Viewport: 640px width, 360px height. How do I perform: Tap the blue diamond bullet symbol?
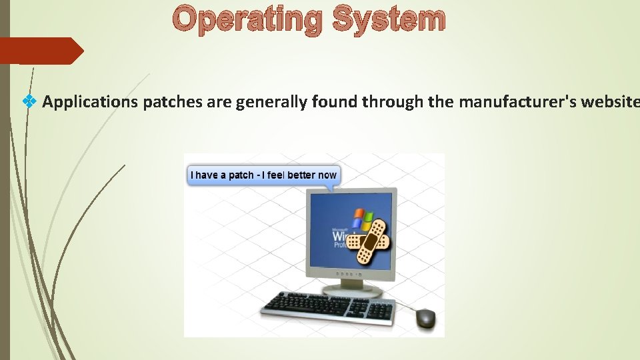point(29,101)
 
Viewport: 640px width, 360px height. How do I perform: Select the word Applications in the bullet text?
point(90,102)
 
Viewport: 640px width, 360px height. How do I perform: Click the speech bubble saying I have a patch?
point(263,175)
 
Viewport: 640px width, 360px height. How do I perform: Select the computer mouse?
point(425,318)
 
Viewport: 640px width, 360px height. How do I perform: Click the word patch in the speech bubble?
point(241,175)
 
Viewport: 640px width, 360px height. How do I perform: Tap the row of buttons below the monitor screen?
point(349,275)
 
